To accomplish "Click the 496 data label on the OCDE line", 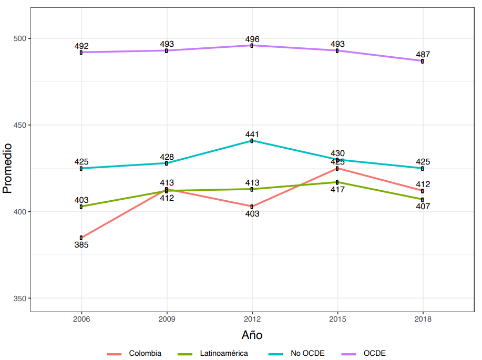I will coord(252,39).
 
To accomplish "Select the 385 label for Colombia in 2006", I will coord(81,244).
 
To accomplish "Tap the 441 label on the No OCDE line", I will coord(252,135).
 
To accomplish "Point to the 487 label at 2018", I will coord(423,54).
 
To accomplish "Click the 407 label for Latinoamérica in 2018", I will coord(423,206).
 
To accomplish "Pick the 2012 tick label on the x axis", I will coord(252,318).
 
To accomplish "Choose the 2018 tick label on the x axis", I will coord(423,318).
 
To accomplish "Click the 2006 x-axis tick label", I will coord(81,318).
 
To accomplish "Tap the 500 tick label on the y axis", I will coord(20,38).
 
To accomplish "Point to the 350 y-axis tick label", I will coord(20,298).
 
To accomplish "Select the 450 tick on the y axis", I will coord(20,125).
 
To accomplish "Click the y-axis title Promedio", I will coord(7,168).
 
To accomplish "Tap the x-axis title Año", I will coord(252,335).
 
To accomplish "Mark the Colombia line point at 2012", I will coord(252,207).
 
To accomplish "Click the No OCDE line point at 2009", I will coord(167,163).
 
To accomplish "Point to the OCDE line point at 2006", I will coord(81,52).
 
